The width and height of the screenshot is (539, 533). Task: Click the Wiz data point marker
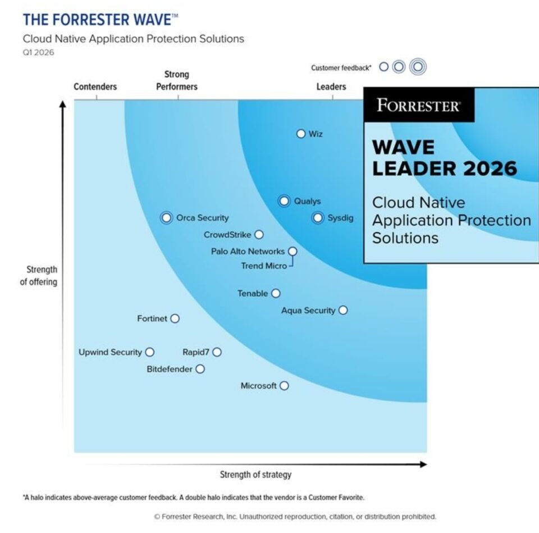pyautogui.click(x=301, y=134)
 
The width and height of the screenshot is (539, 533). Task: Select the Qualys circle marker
pyautogui.click(x=284, y=201)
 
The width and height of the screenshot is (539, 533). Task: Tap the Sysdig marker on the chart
pyautogui.click(x=318, y=218)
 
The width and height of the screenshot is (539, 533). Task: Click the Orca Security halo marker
pyautogui.click(x=166, y=218)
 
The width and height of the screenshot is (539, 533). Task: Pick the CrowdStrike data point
pyautogui.click(x=259, y=235)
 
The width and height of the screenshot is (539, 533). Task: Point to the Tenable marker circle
pyautogui.click(x=276, y=293)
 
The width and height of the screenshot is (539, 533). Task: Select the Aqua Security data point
pyautogui.click(x=343, y=310)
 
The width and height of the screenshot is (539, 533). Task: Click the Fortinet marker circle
pyautogui.click(x=175, y=318)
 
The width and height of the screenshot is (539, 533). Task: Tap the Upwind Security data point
pyautogui.click(x=149, y=352)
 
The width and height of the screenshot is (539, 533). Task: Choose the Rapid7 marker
pyautogui.click(x=217, y=352)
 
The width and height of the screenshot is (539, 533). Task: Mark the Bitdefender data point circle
pyautogui.click(x=200, y=369)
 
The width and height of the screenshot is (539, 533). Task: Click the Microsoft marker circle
pyautogui.click(x=284, y=386)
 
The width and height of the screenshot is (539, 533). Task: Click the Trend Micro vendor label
pyautogui.click(x=264, y=266)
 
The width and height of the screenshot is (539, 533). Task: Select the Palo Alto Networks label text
pyautogui.click(x=248, y=251)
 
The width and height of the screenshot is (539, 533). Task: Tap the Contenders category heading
pyautogui.click(x=95, y=86)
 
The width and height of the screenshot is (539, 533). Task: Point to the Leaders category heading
pyautogui.click(x=331, y=86)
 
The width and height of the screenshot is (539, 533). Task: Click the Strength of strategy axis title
pyautogui.click(x=255, y=475)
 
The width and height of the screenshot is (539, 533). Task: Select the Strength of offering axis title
pyautogui.click(x=39, y=276)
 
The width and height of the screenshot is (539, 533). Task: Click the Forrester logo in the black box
pyautogui.click(x=418, y=105)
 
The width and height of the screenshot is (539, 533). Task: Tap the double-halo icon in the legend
pyautogui.click(x=417, y=67)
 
